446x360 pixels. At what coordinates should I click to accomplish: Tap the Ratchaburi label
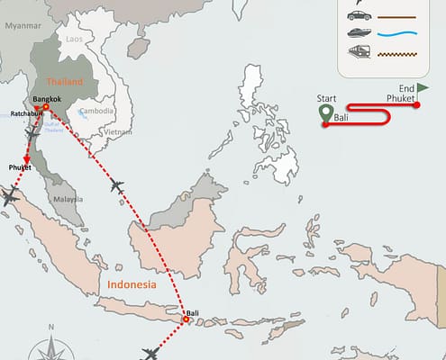pyautogui.click(x=24, y=113)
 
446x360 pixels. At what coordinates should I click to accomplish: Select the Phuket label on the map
pyautogui.click(x=20, y=167)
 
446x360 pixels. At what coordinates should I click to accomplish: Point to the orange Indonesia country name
pyautogui.click(x=132, y=283)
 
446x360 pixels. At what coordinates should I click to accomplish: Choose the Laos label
pyautogui.click(x=75, y=40)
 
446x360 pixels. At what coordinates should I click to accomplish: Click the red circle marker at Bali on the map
pyautogui.click(x=187, y=319)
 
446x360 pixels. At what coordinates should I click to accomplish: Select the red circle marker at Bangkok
pyautogui.click(x=45, y=107)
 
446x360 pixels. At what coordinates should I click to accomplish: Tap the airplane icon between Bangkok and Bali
pyautogui.click(x=116, y=186)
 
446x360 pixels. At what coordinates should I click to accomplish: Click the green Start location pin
pyautogui.click(x=325, y=113)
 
